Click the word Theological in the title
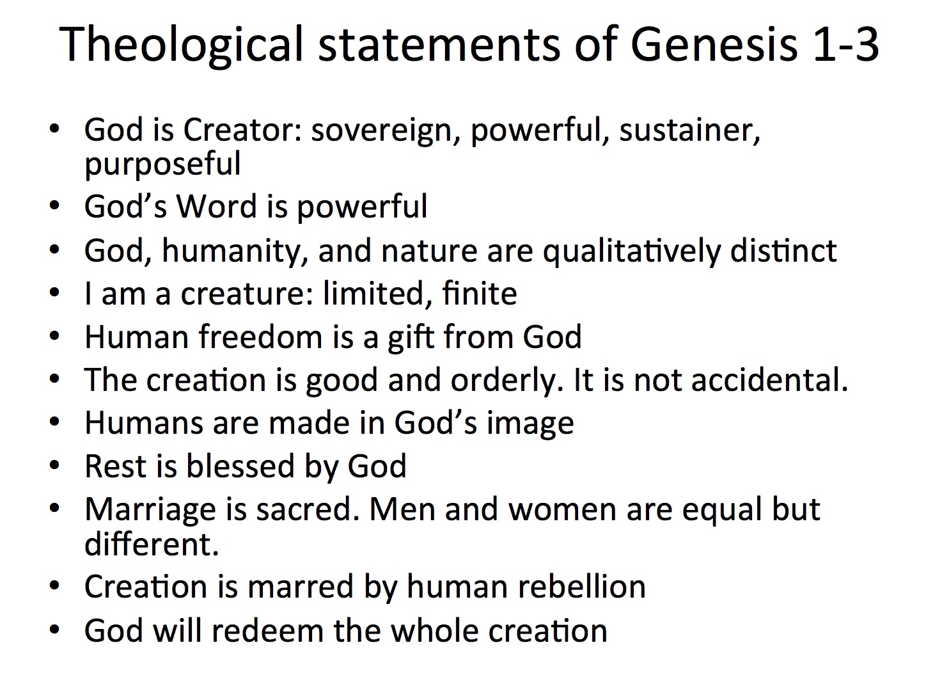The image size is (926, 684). pyautogui.click(x=181, y=45)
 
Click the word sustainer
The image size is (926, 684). pyautogui.click(x=689, y=131)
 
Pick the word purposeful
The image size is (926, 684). pyautogui.click(x=162, y=164)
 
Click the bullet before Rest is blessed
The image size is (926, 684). pyautogui.click(x=55, y=466)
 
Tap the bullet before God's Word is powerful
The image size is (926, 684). pyautogui.click(x=55, y=207)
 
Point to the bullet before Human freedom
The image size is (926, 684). pyautogui.click(x=55, y=337)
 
